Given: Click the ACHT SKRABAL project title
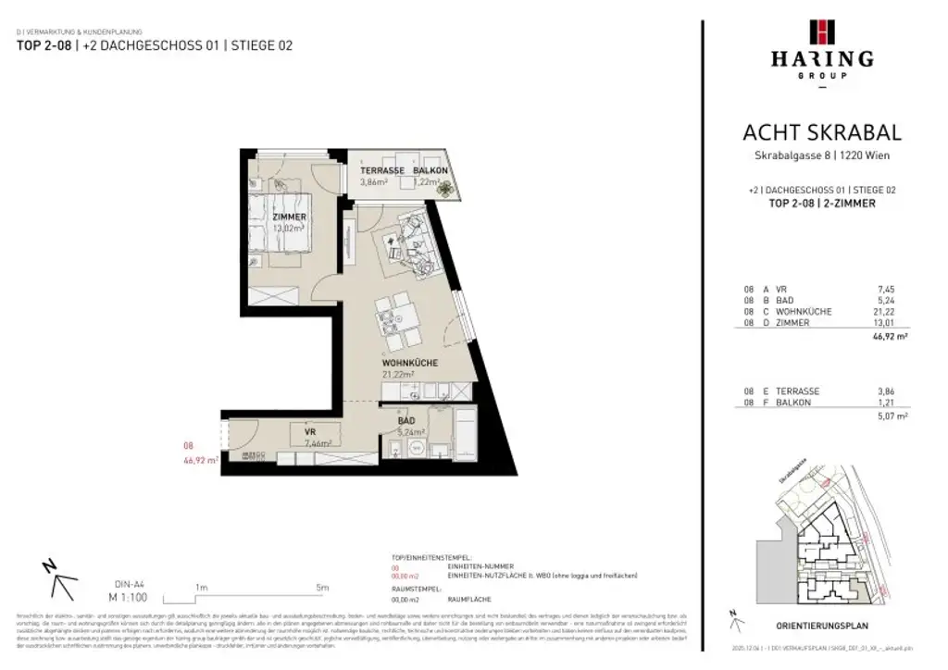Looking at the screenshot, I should pyautogui.click(x=821, y=133).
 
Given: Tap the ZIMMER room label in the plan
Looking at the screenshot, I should pyautogui.click(x=289, y=217).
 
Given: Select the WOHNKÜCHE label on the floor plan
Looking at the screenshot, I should pyautogui.click(x=409, y=363).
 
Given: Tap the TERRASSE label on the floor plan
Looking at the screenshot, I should pyautogui.click(x=382, y=172).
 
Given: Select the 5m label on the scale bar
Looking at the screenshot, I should pyautogui.click(x=321, y=588).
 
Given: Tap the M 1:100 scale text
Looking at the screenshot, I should pyautogui.click(x=131, y=598).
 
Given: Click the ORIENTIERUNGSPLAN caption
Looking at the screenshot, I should pyautogui.click(x=821, y=627).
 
